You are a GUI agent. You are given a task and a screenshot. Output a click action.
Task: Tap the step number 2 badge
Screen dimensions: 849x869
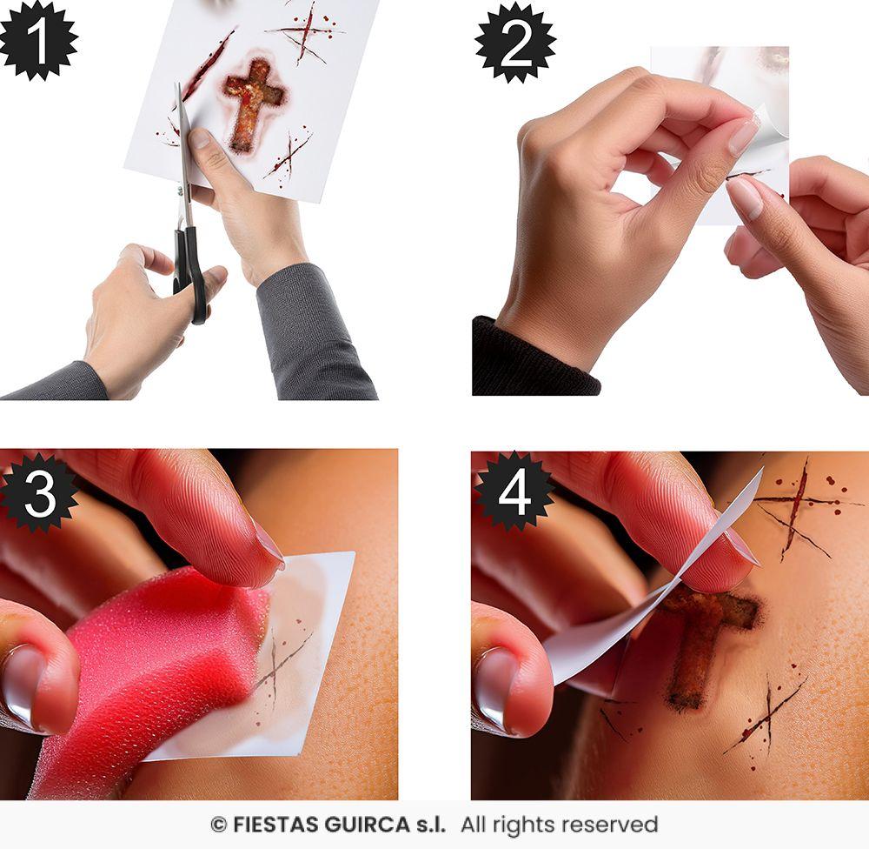pos(514,41)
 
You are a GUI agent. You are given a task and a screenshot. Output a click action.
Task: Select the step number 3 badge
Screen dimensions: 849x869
pos(38,492)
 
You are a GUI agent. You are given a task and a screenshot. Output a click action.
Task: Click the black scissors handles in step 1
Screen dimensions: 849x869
pos(189,270)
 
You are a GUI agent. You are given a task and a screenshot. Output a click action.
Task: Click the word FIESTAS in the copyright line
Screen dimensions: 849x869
pos(269,825)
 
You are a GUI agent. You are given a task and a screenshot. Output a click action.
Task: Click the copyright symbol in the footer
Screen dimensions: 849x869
pos(218,825)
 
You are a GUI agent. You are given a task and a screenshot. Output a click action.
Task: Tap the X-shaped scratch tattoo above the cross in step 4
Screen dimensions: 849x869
pos(795,509)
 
